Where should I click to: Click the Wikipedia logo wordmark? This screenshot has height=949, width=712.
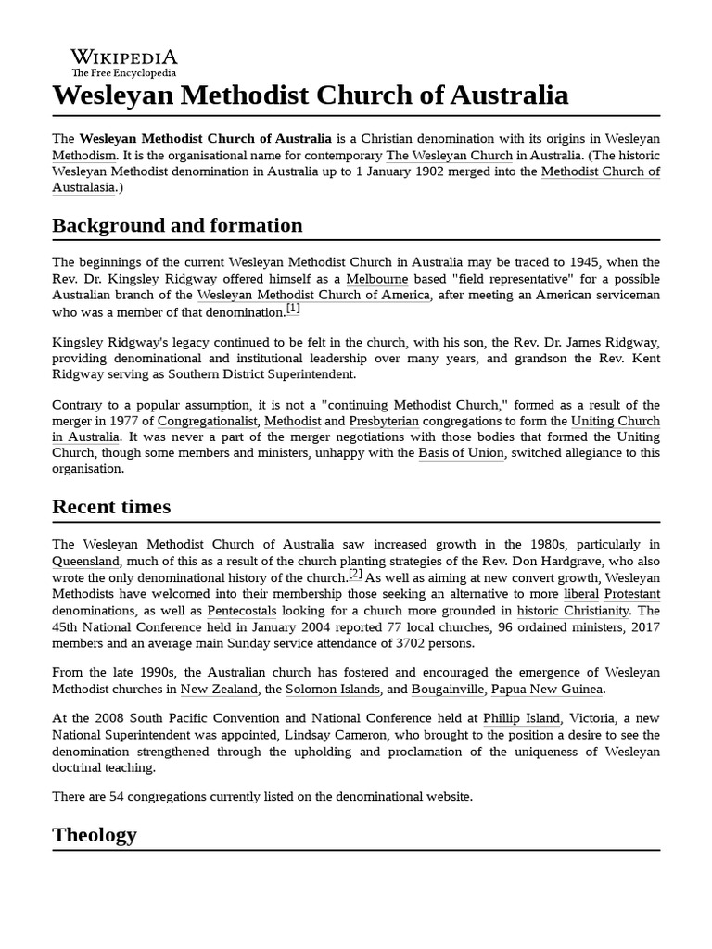(124, 57)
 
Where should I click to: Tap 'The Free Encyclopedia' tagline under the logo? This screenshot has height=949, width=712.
(123, 72)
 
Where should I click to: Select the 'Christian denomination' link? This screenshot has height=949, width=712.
(427, 139)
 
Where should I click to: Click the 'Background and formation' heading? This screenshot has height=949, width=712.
(177, 225)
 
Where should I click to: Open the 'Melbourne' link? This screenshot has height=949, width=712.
(377, 279)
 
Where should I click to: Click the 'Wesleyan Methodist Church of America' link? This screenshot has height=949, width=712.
(313, 296)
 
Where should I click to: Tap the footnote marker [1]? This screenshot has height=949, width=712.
(293, 309)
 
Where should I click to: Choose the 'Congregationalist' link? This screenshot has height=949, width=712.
(207, 421)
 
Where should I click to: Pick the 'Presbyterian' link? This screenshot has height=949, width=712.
(383, 421)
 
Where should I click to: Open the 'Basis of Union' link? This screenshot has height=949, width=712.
(461, 453)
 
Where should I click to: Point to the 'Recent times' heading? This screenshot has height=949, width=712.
(111, 506)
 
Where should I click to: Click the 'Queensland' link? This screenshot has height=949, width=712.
(85, 561)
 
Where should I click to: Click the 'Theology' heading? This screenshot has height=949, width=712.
(95, 834)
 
